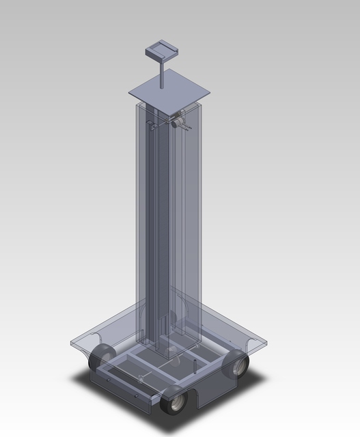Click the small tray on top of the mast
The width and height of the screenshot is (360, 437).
click(x=162, y=51)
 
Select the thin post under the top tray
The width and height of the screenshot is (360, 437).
click(x=163, y=74)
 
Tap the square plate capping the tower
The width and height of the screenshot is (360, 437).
click(x=168, y=91)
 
